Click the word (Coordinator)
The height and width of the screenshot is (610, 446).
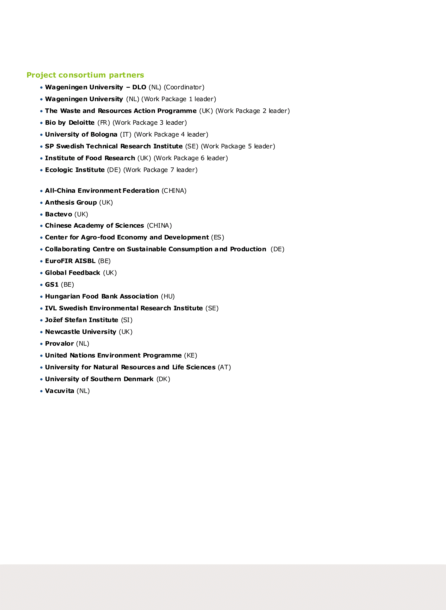(x=184, y=87)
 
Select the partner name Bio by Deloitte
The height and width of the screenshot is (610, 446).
(x=70, y=123)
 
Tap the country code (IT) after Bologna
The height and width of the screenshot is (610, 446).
(x=125, y=134)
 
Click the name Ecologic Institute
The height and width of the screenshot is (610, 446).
(x=75, y=170)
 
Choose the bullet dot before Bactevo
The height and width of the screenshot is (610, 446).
(x=42, y=215)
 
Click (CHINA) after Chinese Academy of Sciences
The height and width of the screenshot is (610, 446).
(x=159, y=225)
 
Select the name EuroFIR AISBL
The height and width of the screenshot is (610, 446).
(x=70, y=261)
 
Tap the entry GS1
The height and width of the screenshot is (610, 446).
(x=52, y=285)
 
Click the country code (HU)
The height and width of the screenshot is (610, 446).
(x=168, y=296)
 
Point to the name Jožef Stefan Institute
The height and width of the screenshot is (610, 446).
(x=82, y=320)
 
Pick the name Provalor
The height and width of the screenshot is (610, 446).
(x=59, y=344)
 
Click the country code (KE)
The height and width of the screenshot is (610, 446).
(x=191, y=355)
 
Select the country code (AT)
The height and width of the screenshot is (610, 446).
(x=224, y=367)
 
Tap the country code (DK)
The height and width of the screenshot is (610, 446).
(x=163, y=379)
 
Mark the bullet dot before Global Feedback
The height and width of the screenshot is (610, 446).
(x=42, y=273)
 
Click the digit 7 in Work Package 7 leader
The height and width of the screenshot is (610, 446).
(x=172, y=170)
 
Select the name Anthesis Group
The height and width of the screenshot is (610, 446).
(x=71, y=202)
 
